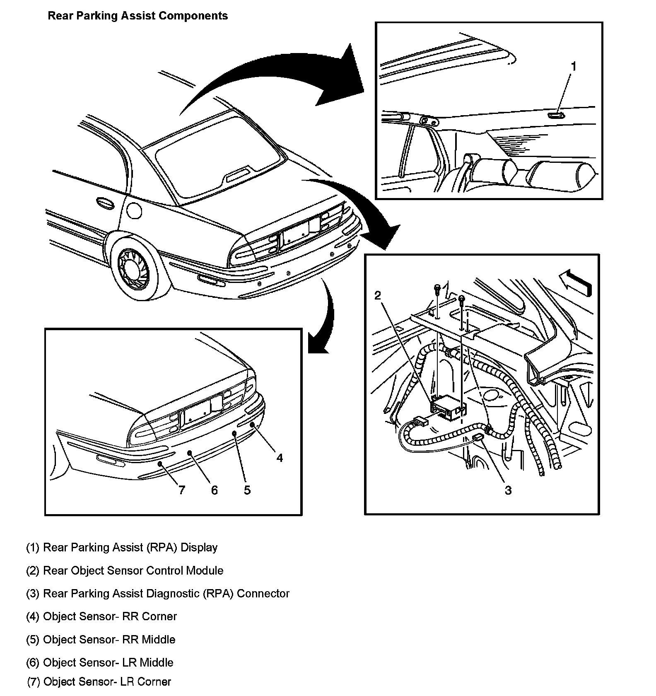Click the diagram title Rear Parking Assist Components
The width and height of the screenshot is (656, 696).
(x=137, y=16)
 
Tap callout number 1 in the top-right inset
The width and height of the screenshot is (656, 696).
(x=574, y=66)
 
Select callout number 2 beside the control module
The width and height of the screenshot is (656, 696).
(x=377, y=295)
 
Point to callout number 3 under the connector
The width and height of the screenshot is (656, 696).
(x=508, y=490)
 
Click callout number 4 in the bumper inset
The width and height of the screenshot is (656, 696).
(x=280, y=458)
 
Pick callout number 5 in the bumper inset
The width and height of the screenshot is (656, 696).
(x=247, y=490)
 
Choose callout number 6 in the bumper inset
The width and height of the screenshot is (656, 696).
(x=214, y=490)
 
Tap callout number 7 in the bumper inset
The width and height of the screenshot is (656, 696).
(x=181, y=490)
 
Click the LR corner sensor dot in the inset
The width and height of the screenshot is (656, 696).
(x=160, y=464)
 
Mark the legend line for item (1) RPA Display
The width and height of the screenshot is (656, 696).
(x=122, y=547)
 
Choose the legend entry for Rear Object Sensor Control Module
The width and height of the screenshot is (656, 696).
(x=125, y=570)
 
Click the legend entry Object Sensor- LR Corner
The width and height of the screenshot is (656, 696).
(x=99, y=681)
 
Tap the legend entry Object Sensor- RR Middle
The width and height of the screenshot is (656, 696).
(x=101, y=639)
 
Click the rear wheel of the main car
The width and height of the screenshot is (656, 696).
(x=135, y=267)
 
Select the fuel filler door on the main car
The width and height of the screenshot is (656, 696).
(x=134, y=210)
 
